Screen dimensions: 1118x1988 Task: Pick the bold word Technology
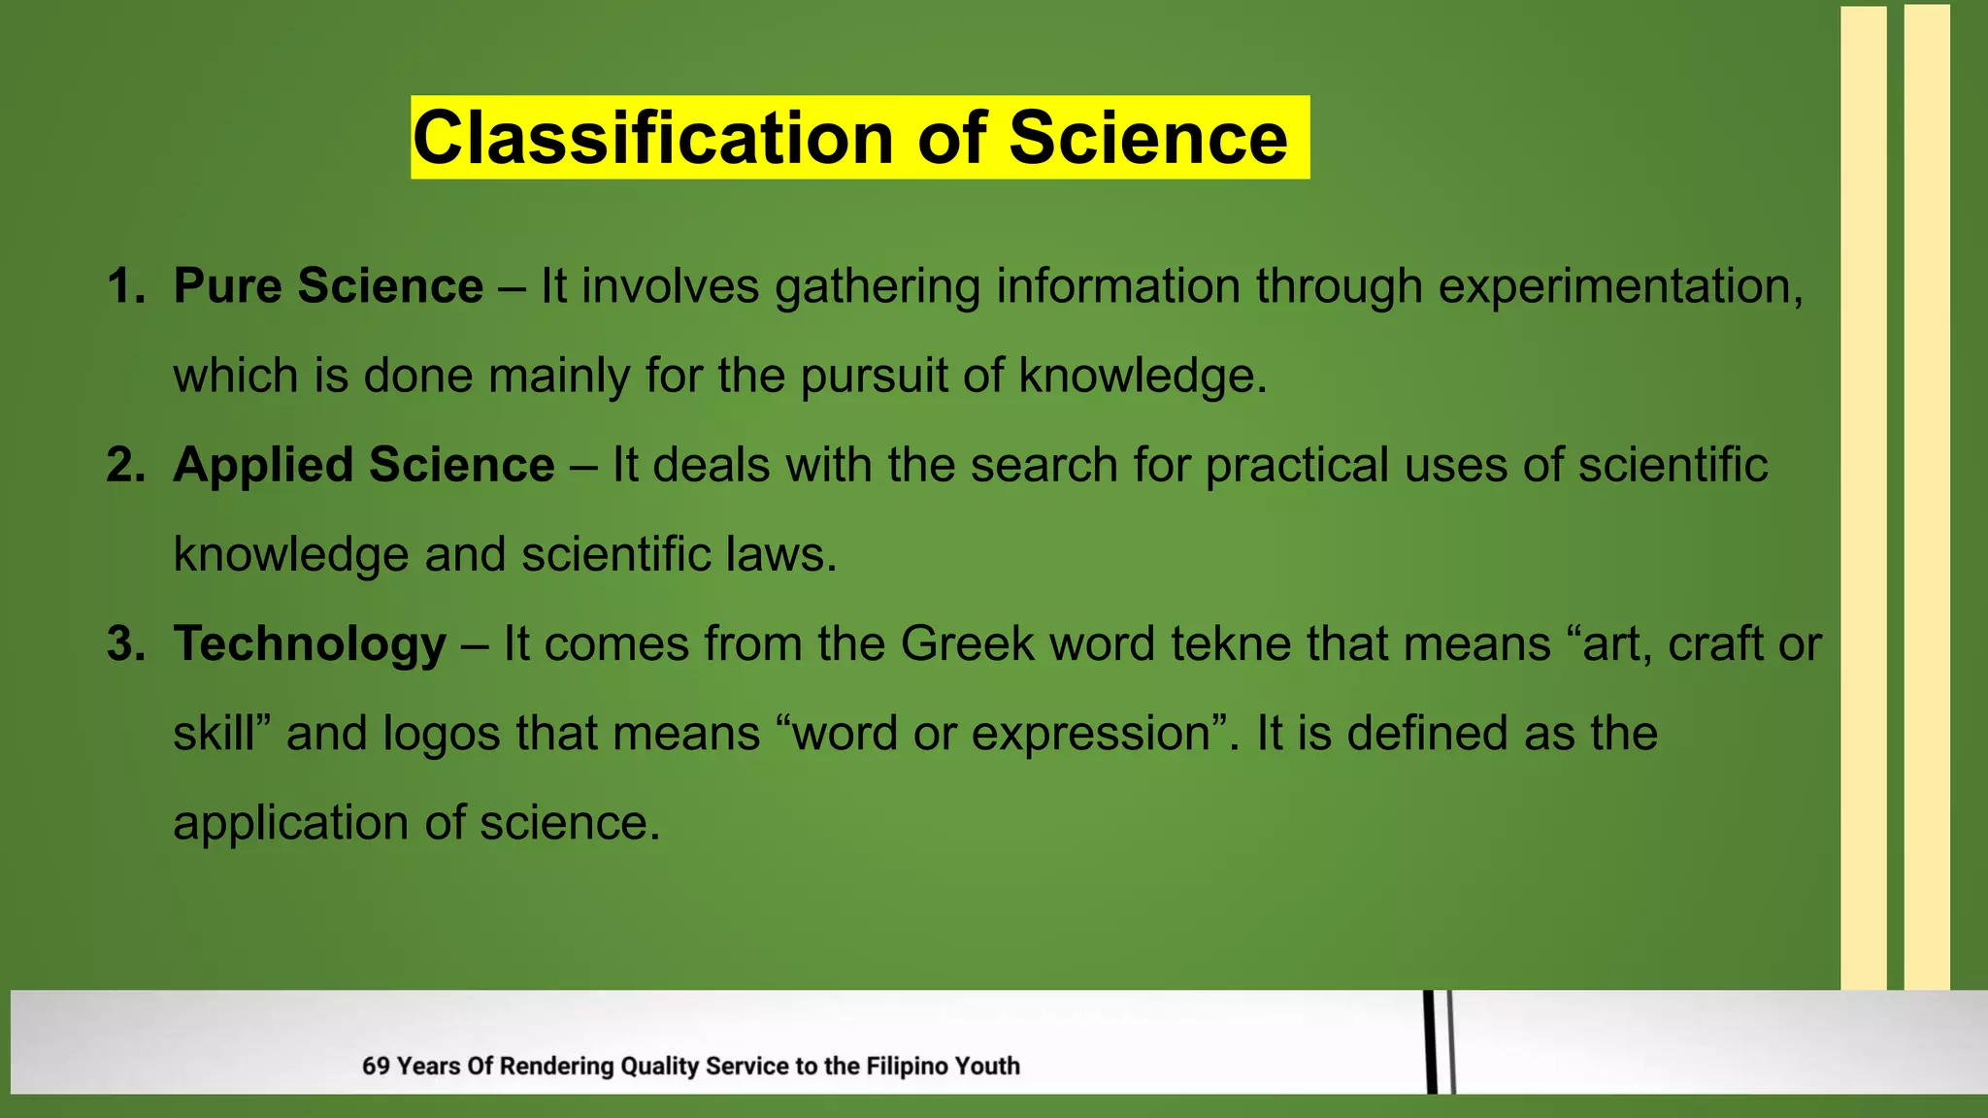point(310,644)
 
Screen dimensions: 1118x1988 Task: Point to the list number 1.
point(124,286)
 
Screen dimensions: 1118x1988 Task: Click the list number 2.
point(124,465)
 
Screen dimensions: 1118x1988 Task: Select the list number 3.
point(124,643)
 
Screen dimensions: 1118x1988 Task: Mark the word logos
point(442,735)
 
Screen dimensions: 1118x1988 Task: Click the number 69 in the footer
point(376,1067)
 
